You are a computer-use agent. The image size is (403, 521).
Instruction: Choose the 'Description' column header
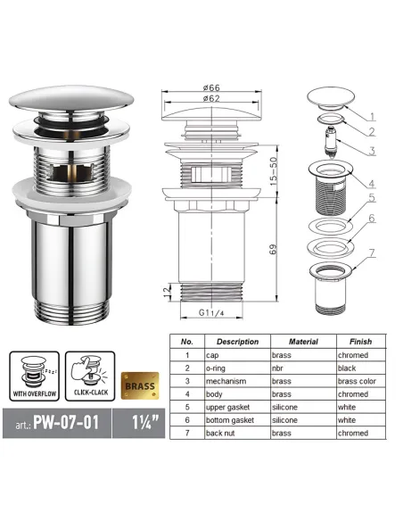[x=236, y=342]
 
